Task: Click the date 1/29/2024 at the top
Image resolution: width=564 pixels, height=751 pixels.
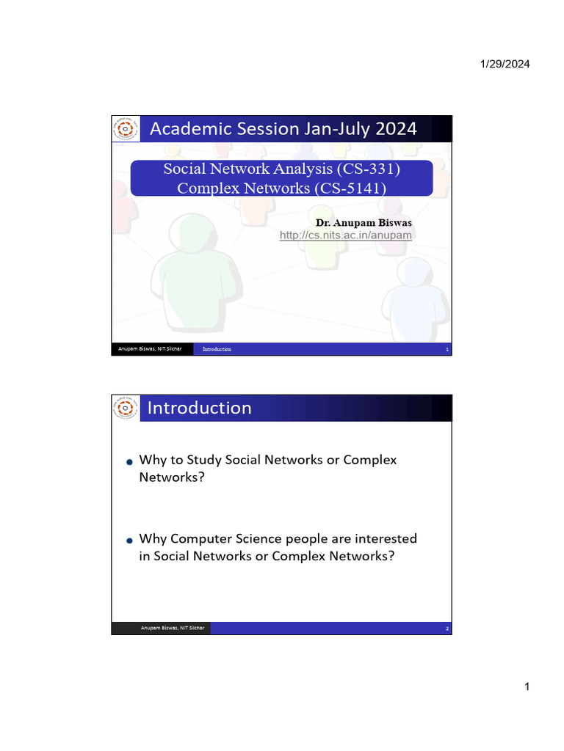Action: [x=505, y=65]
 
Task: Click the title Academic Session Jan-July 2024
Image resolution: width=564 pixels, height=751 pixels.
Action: [x=283, y=129]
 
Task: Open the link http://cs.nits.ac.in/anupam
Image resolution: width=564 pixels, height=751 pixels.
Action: [x=346, y=235]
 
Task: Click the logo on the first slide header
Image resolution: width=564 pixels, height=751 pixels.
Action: [x=125, y=129]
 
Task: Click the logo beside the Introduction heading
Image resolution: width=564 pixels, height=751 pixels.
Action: [x=125, y=408]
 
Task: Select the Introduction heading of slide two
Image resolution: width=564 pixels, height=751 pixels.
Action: [x=199, y=408]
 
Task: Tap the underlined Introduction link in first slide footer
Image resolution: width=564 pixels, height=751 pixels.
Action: [x=217, y=349]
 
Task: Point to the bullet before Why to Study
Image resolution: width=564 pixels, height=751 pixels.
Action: [x=129, y=461]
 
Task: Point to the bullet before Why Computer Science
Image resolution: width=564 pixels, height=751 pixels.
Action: [x=129, y=540]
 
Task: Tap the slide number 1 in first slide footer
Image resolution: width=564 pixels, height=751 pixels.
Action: [x=446, y=350]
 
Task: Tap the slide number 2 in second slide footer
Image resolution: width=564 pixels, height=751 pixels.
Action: [x=446, y=629]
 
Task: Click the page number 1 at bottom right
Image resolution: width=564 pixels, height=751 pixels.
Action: [x=527, y=687]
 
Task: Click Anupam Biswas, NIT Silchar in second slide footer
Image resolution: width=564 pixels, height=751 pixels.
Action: [x=173, y=628]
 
